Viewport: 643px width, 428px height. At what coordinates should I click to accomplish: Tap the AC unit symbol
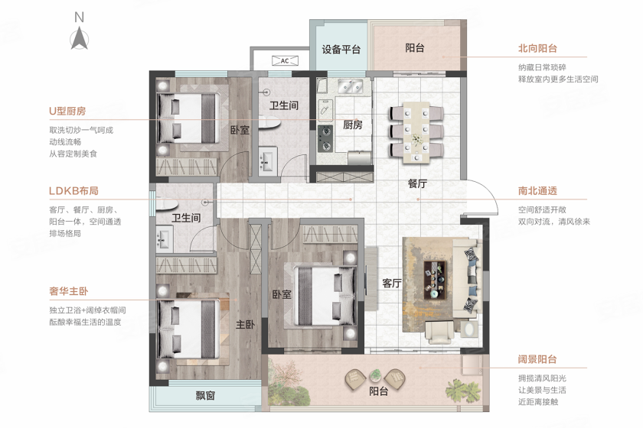pyautogui.click(x=285, y=60)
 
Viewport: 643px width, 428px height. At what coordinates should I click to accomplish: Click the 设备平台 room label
pyautogui.click(x=341, y=50)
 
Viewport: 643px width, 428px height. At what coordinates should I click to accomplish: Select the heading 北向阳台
pyautogui.click(x=537, y=48)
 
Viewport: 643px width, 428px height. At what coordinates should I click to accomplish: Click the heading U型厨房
pyautogui.click(x=67, y=111)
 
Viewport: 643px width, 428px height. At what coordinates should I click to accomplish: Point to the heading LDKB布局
pyautogui.click(x=73, y=191)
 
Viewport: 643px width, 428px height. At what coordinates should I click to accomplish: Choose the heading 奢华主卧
pyautogui.click(x=68, y=291)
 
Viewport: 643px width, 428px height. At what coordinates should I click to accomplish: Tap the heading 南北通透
pyautogui.click(x=537, y=191)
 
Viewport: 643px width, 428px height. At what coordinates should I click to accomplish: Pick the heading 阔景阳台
pyautogui.click(x=537, y=359)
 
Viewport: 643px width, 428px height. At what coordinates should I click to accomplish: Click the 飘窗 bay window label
pyautogui.click(x=205, y=396)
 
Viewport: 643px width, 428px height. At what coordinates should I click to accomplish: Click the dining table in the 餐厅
pyautogui.click(x=416, y=133)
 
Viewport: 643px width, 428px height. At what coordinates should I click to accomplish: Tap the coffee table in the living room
pyautogui.click(x=435, y=279)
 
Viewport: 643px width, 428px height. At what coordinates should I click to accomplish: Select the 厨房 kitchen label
pyautogui.click(x=353, y=125)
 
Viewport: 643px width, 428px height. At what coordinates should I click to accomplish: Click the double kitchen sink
pyautogui.click(x=351, y=86)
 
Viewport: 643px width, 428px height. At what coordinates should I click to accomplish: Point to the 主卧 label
pyautogui.click(x=245, y=325)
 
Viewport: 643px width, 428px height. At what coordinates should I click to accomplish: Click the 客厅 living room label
pyautogui.click(x=392, y=283)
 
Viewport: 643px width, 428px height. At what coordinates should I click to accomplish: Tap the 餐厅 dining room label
pyautogui.click(x=417, y=183)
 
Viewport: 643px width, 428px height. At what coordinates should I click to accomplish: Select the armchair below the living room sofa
pyautogui.click(x=439, y=332)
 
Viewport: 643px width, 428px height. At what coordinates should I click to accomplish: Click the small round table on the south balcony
pyautogui.click(x=375, y=374)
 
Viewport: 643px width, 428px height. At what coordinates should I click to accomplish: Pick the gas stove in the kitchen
pyautogui.click(x=325, y=138)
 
